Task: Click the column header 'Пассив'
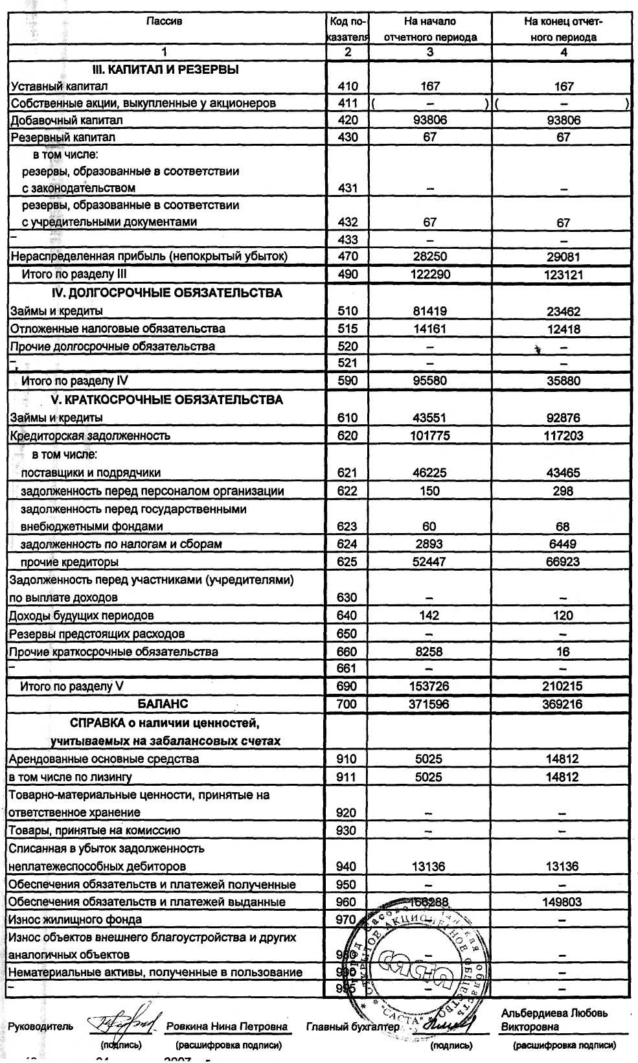165,21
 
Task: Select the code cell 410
348,86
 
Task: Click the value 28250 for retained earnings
430,257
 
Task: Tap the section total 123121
563,275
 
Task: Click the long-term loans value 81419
430,311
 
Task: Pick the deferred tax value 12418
563,329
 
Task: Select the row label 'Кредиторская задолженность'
90,436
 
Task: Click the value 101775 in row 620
430,436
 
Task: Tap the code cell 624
347,544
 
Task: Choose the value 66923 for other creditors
563,562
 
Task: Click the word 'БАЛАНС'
163,703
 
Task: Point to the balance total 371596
429,704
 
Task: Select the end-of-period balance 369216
562,704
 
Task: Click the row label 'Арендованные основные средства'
104,759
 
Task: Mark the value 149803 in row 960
562,902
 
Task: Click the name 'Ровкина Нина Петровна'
227,1027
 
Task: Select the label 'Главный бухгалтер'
352,1027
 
